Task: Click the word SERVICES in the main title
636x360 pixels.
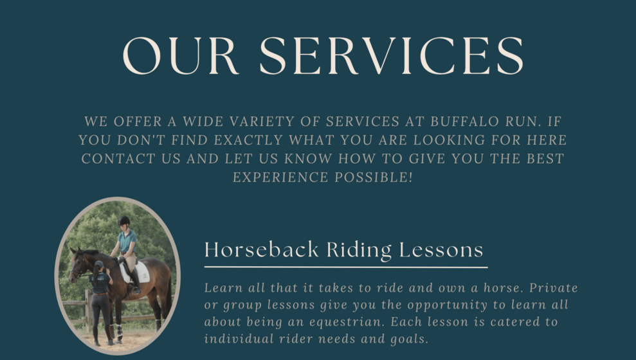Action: pos(392,55)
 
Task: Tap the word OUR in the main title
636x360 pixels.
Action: pos(181,55)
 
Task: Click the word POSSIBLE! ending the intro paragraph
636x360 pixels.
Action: pos(374,177)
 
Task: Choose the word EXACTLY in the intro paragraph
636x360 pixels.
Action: pos(248,140)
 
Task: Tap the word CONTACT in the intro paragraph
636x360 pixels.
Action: pos(118,159)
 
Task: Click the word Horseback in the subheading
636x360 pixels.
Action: pos(262,249)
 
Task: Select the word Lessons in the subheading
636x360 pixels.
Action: pos(441,249)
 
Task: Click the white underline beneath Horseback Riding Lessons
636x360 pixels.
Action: pos(346,267)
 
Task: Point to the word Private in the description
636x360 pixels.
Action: pos(554,288)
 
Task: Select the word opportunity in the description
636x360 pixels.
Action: pos(448,305)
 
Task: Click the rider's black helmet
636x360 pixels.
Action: pos(124,221)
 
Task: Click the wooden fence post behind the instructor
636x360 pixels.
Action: pos(87,310)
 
